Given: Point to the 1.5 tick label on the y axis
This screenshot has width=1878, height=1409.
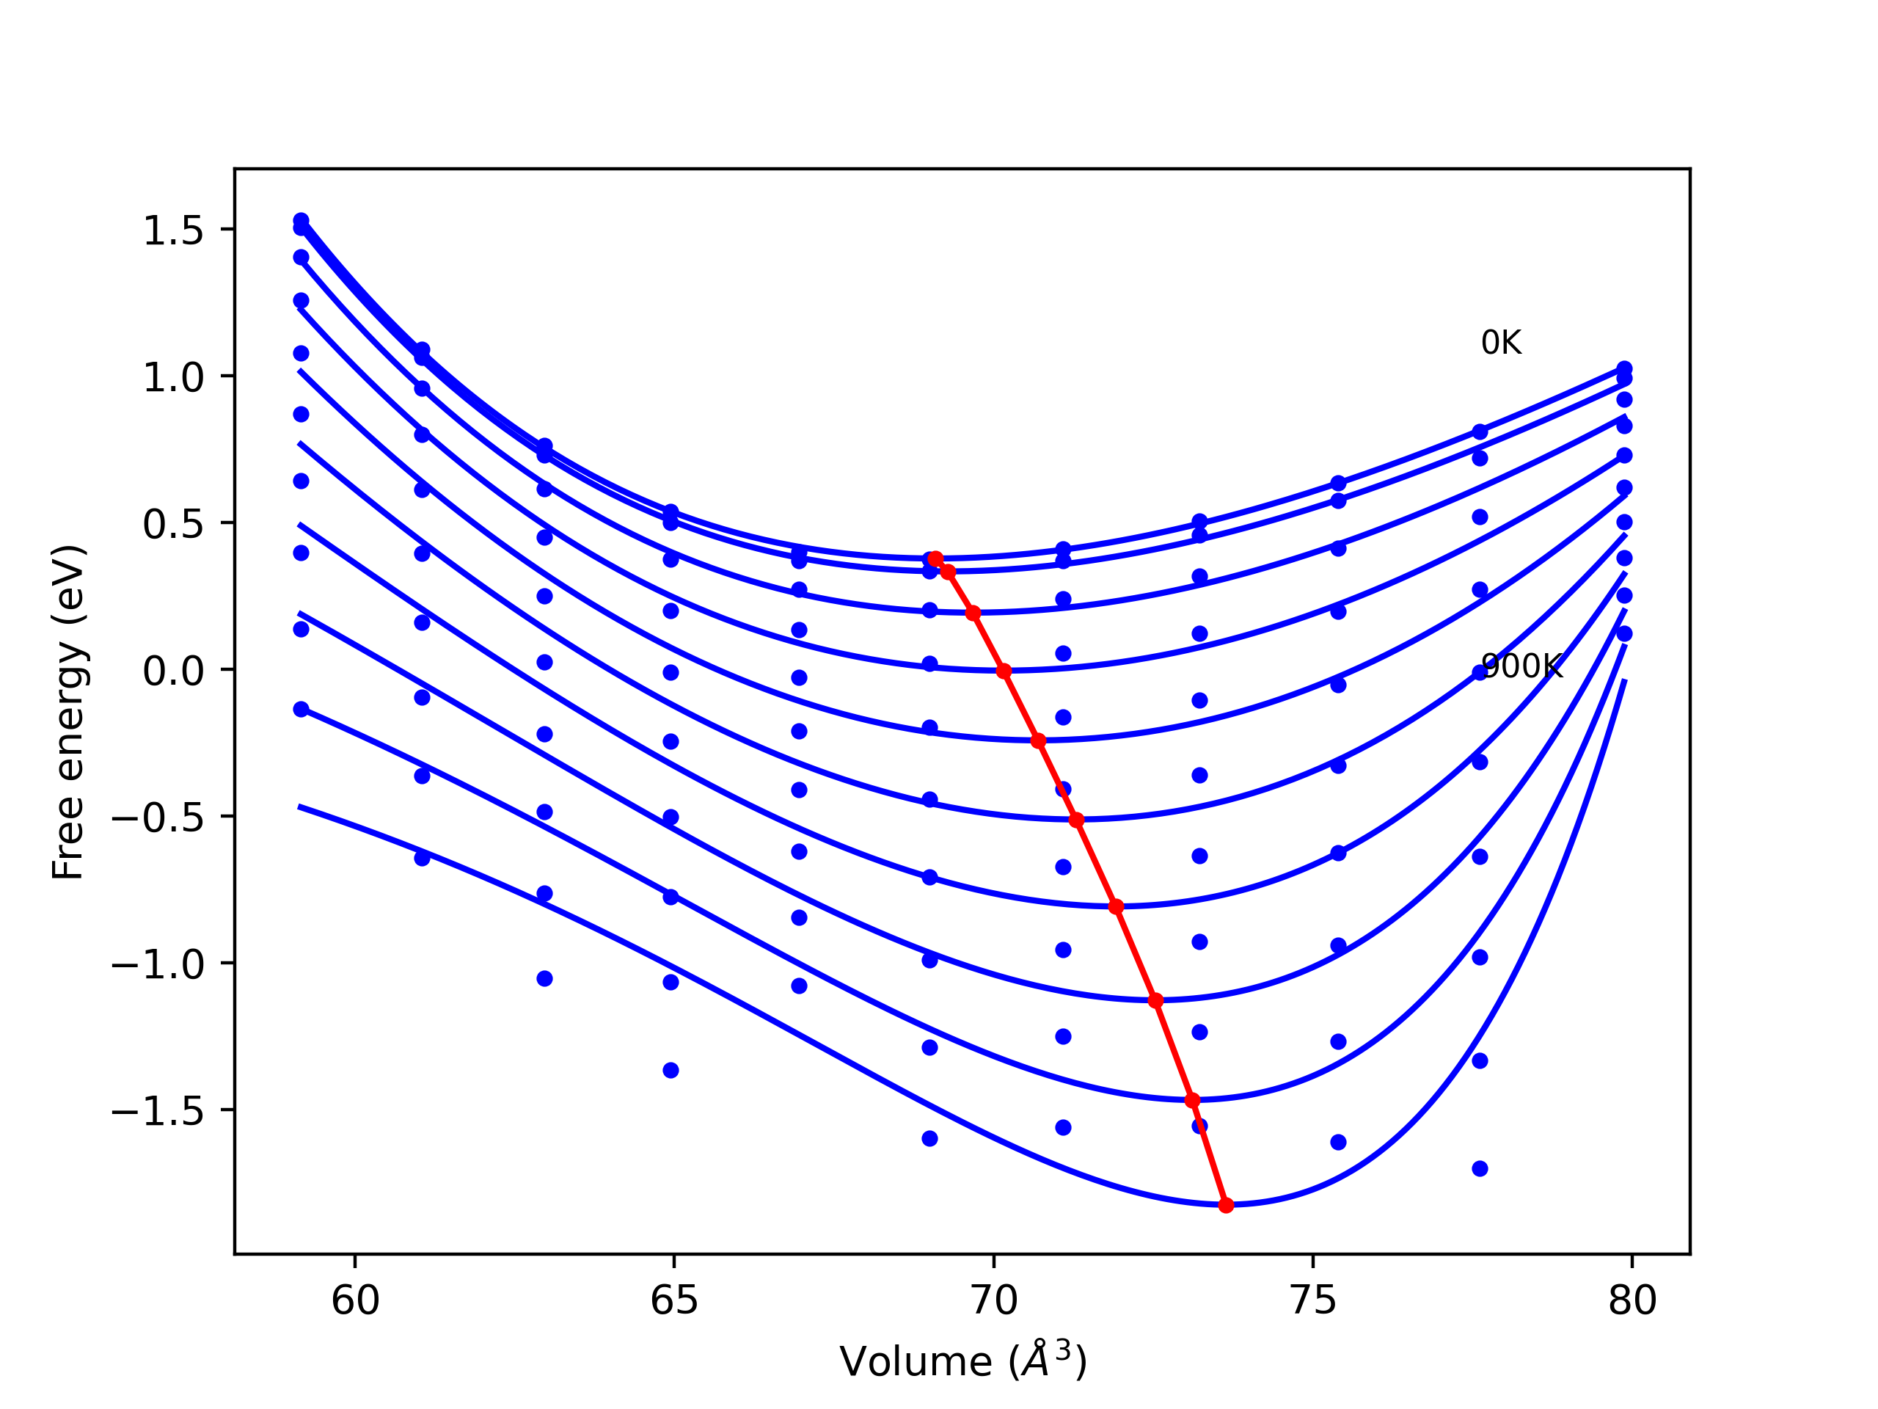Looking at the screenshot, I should pyautogui.click(x=173, y=230).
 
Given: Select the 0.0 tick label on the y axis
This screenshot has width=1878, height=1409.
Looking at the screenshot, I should pyautogui.click(x=173, y=671).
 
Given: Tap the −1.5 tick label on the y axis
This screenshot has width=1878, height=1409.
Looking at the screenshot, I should pyautogui.click(x=158, y=1112).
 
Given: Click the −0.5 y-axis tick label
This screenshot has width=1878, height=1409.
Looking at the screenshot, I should pyautogui.click(x=158, y=818).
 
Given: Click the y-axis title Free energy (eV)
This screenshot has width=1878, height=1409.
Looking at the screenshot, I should pyautogui.click(x=68, y=712).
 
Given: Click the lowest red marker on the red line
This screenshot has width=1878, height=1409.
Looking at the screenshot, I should pyautogui.click(x=1226, y=1205).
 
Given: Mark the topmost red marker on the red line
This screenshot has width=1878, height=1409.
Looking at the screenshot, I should pyautogui.click(x=935, y=558).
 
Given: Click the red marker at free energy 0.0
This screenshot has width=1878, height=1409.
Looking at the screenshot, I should pyautogui.click(x=1004, y=671).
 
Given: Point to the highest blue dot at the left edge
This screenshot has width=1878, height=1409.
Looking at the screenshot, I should pyautogui.click(x=301, y=220).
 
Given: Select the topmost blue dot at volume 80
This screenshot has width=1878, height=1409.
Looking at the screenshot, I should pyautogui.click(x=1624, y=368).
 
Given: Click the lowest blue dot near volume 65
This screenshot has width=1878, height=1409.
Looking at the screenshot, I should pyautogui.click(x=671, y=1070).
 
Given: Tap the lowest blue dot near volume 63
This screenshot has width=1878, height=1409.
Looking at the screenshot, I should pyautogui.click(x=544, y=978).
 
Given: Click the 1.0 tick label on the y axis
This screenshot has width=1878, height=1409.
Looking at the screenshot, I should pyautogui.click(x=173, y=377).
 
